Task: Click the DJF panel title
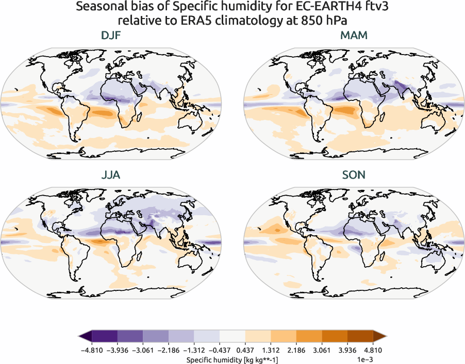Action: pyautogui.click(x=111, y=37)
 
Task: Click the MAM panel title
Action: pyautogui.click(x=354, y=37)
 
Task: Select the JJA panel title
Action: pyautogui.click(x=111, y=176)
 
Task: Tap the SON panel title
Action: pyautogui.click(x=354, y=176)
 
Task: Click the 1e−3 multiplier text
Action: pyautogui.click(x=377, y=359)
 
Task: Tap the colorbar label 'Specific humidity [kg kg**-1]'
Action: pyautogui.click(x=232, y=359)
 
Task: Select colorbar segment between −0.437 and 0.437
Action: pyautogui.click(x=232, y=337)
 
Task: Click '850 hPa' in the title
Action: pyautogui.click(x=322, y=21)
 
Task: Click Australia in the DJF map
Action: pyautogui.click(x=192, y=122)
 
